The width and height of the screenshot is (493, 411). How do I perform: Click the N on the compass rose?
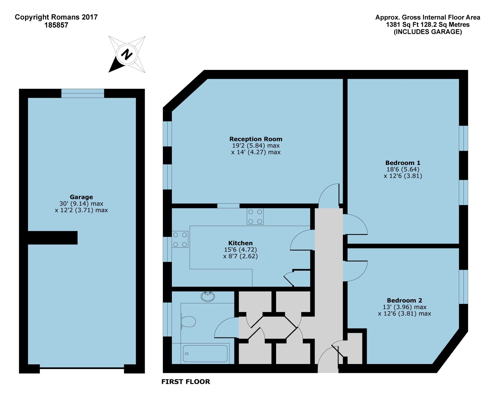[x=127, y=55]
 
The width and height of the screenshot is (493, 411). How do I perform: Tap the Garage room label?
[x=81, y=197]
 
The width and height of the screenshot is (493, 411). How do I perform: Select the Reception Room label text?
[x=256, y=139]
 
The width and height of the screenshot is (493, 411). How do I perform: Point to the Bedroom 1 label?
[x=403, y=163]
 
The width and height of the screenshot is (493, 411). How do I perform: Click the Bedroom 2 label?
[x=404, y=301]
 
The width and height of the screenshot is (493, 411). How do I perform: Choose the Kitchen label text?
[x=240, y=243]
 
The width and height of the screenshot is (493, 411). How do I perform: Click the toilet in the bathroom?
[x=188, y=322]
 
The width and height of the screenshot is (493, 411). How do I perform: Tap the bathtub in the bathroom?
[x=205, y=354]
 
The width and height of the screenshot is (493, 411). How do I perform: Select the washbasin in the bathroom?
[x=208, y=297]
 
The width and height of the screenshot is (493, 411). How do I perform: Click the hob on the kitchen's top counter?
[x=255, y=217]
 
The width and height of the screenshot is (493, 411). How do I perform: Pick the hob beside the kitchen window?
[x=180, y=240]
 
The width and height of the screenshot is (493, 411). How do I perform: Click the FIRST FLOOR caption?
[x=186, y=382]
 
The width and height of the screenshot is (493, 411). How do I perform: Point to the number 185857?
[x=56, y=25]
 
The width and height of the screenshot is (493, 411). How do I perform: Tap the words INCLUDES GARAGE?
[x=428, y=32]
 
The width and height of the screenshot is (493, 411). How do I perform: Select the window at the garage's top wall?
[x=82, y=93]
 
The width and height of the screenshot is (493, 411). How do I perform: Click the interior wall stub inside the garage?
[x=53, y=238]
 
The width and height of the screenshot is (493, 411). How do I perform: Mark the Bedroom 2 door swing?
[x=355, y=271]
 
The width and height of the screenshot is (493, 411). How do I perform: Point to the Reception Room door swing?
[x=329, y=196]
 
